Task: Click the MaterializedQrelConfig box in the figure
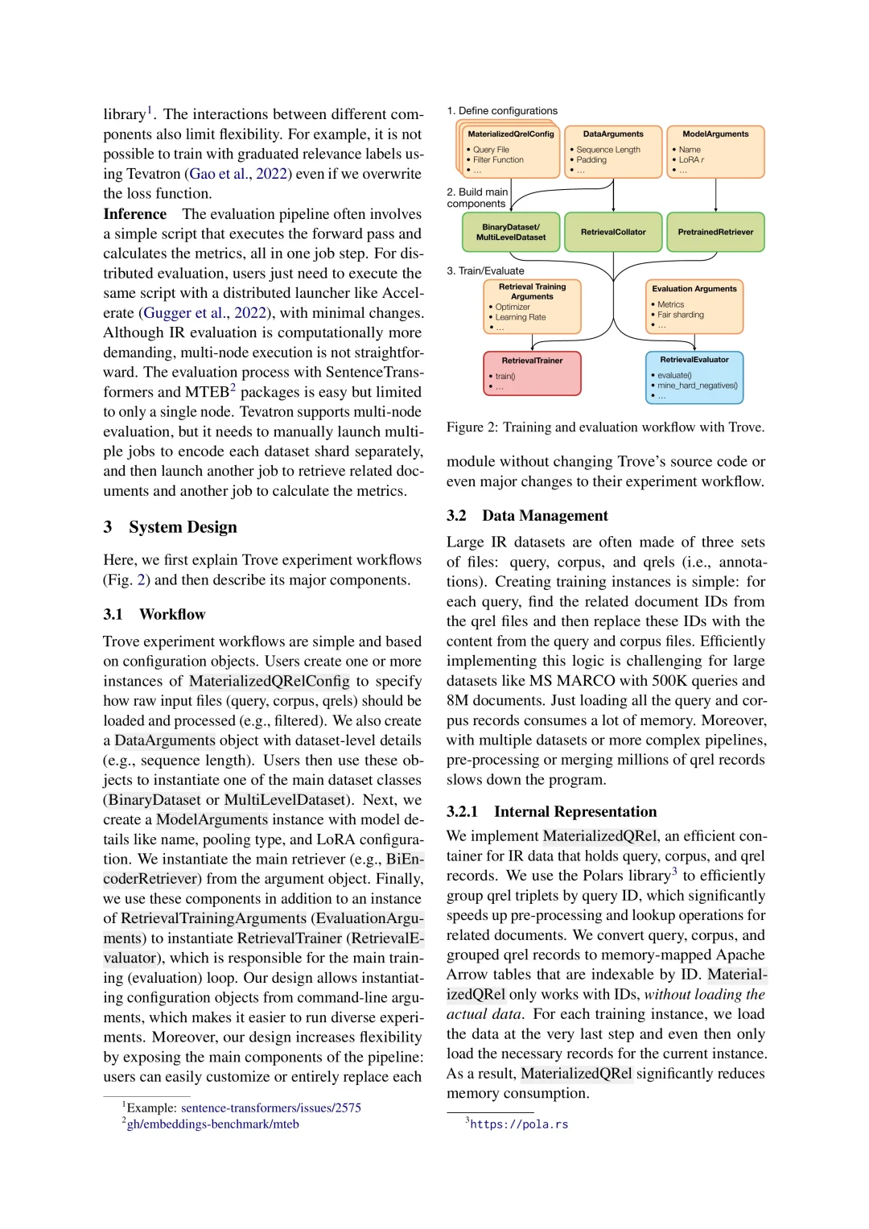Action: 510,151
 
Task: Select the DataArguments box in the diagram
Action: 613,151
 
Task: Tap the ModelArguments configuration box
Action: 715,151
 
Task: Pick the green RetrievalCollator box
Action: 613,233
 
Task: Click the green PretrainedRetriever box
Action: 715,233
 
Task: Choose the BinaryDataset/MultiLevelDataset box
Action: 510,233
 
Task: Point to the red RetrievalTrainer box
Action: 532,373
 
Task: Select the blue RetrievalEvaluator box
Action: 694,377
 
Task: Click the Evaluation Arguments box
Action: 694,307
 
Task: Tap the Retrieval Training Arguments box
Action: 532,307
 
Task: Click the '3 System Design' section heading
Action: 171,527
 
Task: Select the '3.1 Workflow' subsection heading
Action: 154,615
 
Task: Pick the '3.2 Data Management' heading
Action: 528,516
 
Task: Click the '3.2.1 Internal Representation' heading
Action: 552,812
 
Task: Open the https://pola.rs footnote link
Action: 519,1124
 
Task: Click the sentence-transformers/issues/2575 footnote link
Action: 271,1108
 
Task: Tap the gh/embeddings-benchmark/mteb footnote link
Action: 213,1124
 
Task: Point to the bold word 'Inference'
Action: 135,214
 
